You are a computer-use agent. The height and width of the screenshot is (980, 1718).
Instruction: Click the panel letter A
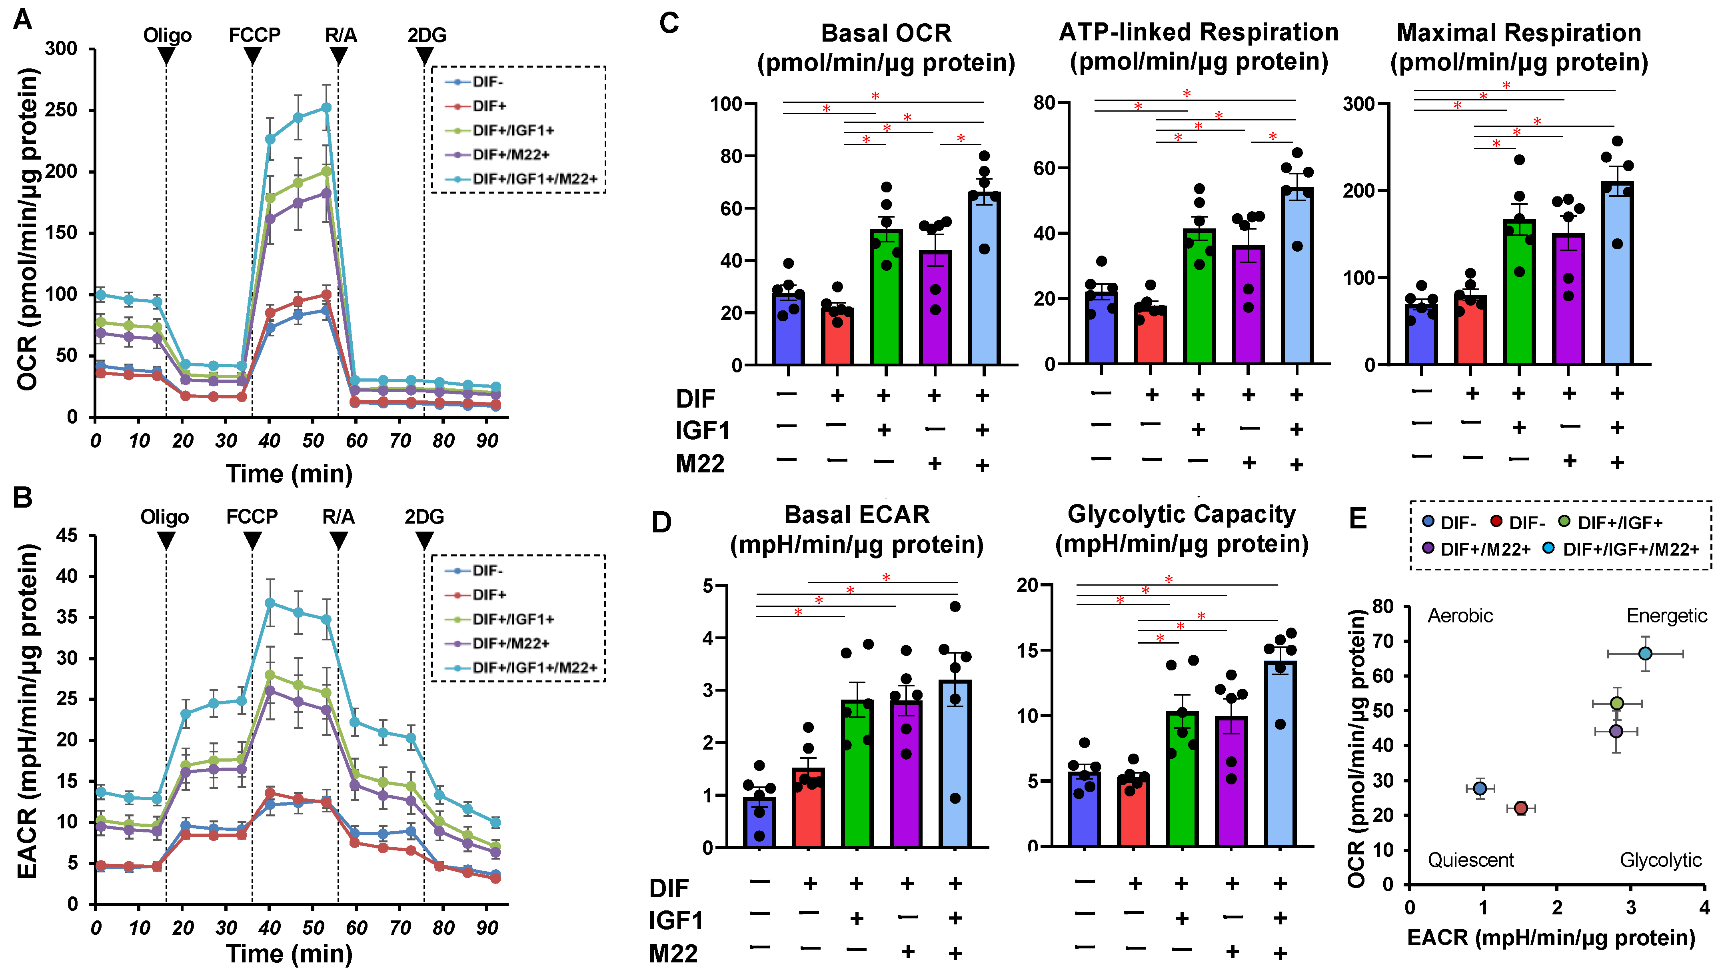tap(23, 20)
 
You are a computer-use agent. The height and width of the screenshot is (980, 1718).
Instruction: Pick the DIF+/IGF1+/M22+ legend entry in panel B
tap(533, 668)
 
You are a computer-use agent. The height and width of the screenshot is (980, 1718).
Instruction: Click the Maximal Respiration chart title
tap(1519, 47)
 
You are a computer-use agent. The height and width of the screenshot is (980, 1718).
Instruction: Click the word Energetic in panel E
tap(1666, 616)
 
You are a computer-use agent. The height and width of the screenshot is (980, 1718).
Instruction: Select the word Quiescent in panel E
tap(1470, 860)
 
